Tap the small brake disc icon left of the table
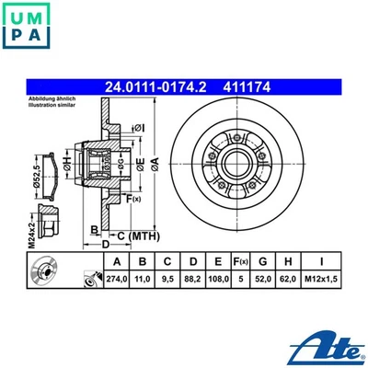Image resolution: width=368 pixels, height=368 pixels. click(43, 274)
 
